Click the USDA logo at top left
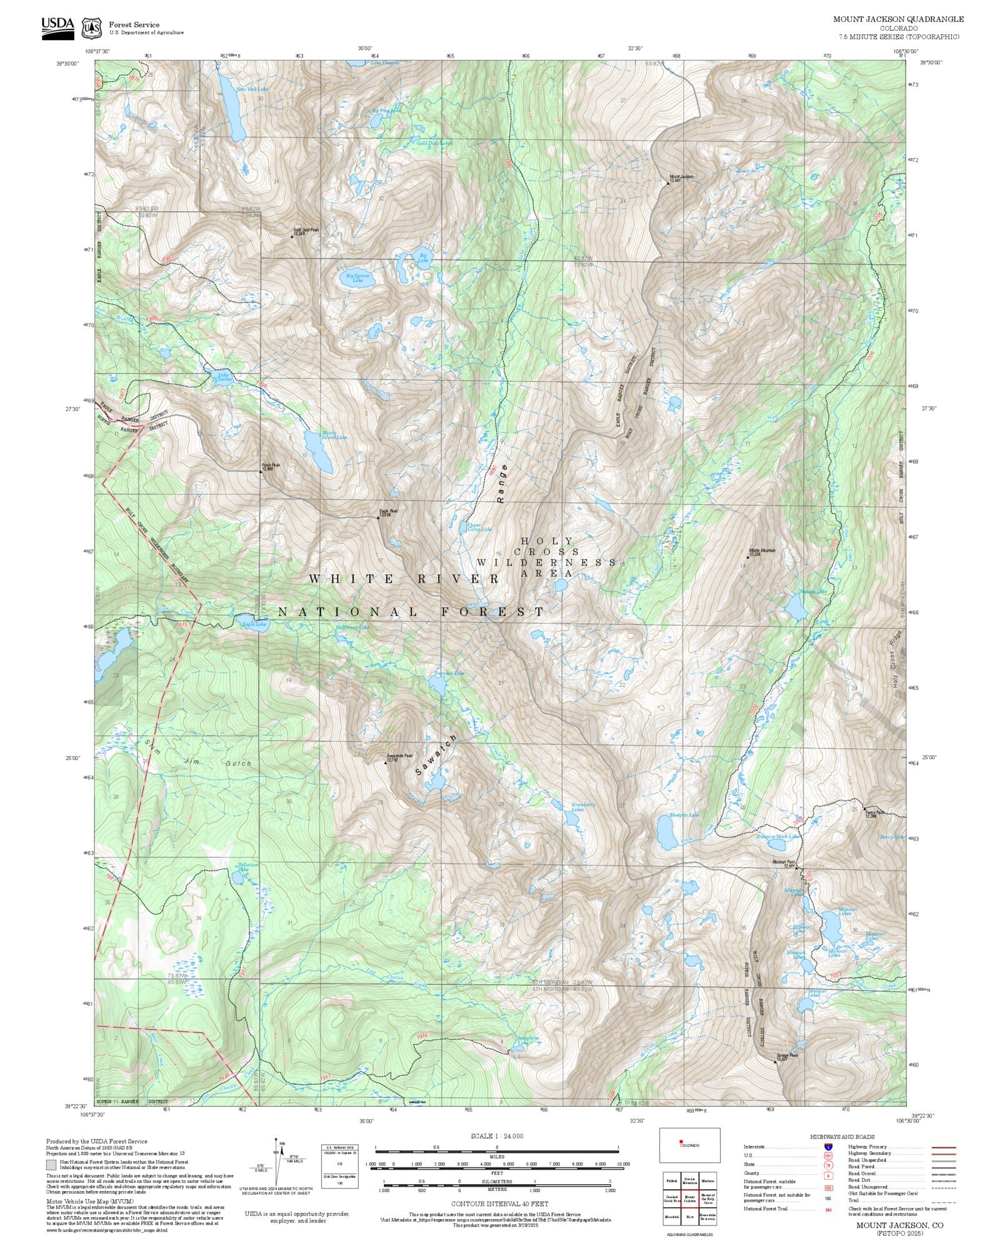pyautogui.click(x=57, y=27)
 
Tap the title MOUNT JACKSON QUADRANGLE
pyautogui.click(x=898, y=19)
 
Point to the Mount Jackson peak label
pyautogui.click(x=681, y=178)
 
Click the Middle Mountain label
pyautogui.click(x=762, y=552)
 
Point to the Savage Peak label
pyautogui.click(x=787, y=1056)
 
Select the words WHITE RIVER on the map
pyautogui.click(x=404, y=579)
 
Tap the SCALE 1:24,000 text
pyautogui.click(x=497, y=1136)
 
